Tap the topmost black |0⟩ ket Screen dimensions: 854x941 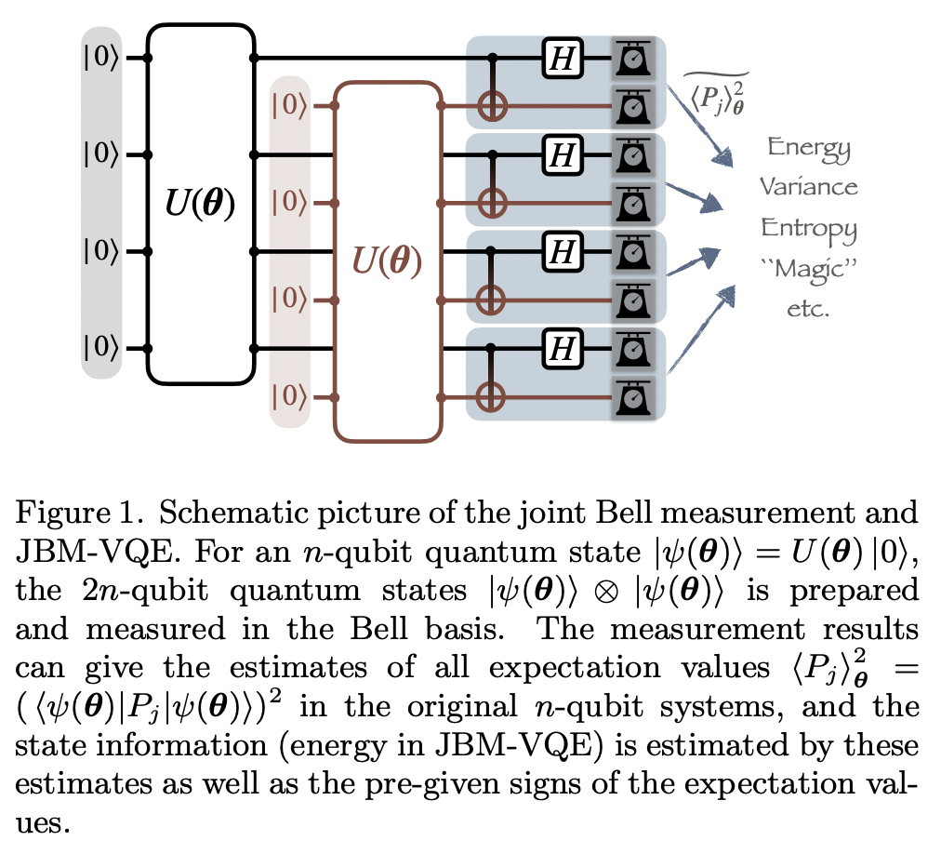pyautogui.click(x=100, y=58)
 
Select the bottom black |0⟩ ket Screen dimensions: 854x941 pyautogui.click(x=100, y=349)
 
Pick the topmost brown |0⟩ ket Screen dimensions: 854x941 pyautogui.click(x=288, y=106)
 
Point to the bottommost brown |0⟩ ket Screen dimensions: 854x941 pyautogui.click(x=288, y=397)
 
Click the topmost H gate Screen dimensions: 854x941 pyautogui.click(x=561, y=59)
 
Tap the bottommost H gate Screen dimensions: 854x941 pyautogui.click(x=561, y=349)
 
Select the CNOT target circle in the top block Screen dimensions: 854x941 pyautogui.click(x=492, y=107)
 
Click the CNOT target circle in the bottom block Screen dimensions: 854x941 pyautogui.click(x=492, y=397)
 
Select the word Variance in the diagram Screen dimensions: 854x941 pyautogui.click(x=809, y=186)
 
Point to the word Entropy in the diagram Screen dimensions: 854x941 pyautogui.click(x=809, y=227)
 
